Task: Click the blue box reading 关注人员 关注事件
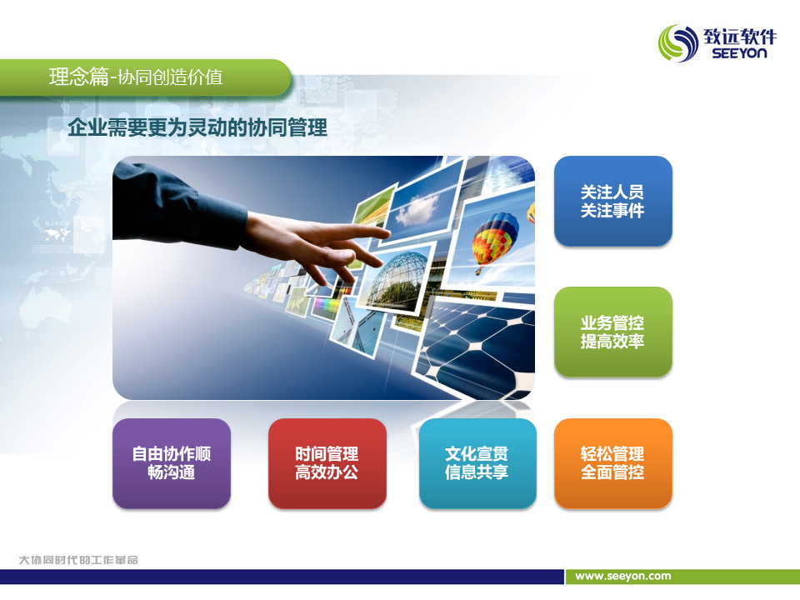click(612, 201)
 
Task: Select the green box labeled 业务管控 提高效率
click(612, 332)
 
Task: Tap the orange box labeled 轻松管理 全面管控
click(612, 463)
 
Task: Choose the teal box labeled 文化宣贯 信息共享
click(477, 463)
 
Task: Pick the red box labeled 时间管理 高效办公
click(327, 463)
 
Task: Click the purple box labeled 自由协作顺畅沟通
click(172, 463)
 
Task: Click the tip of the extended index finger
click(387, 233)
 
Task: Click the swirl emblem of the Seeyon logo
click(678, 43)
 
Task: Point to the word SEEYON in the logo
click(739, 53)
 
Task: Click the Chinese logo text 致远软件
click(740, 36)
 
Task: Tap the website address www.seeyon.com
click(623, 576)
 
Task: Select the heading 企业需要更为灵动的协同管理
click(197, 127)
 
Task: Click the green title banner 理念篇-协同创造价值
click(145, 77)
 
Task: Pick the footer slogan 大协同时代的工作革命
click(78, 560)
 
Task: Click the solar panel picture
click(477, 347)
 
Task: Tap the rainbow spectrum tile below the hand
click(327, 307)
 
